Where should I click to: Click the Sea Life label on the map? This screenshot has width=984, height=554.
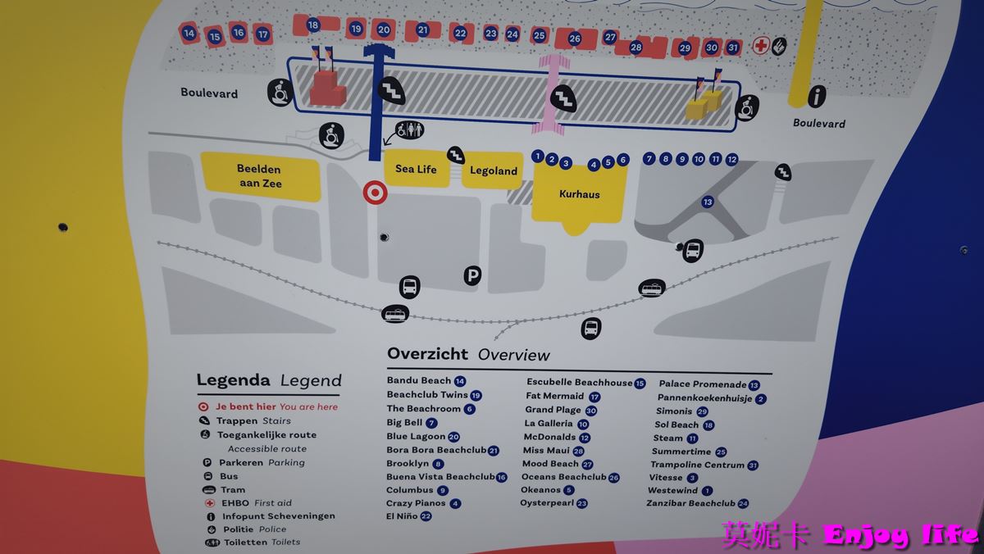416,170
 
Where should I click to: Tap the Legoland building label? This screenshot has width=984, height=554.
493,171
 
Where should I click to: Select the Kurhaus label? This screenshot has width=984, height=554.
579,194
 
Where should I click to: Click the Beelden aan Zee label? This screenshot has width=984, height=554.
259,176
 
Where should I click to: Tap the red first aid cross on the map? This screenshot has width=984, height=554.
761,46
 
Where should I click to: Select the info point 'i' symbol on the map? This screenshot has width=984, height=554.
816,97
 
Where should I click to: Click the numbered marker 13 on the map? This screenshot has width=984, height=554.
708,202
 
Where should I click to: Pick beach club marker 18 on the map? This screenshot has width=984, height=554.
312,25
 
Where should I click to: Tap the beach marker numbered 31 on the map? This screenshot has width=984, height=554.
733,48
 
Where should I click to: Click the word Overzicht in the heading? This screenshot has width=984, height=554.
427,354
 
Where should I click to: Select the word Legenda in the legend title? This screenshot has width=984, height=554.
233,380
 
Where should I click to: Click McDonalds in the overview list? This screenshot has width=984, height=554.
549,437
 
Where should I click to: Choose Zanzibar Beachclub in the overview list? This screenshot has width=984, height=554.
690,503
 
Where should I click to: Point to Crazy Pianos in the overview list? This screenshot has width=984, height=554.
416,503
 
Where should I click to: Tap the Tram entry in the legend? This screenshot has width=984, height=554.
233,489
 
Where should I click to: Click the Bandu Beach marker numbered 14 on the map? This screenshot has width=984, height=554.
189,34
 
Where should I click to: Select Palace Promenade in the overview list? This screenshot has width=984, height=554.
703,384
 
